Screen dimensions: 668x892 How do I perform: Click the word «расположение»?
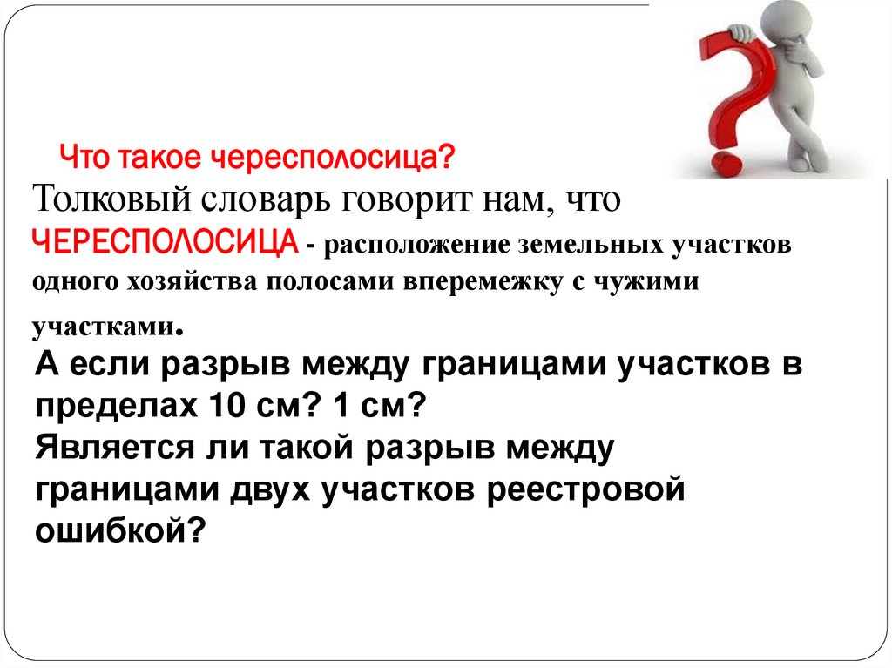pyautogui.click(x=408, y=246)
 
